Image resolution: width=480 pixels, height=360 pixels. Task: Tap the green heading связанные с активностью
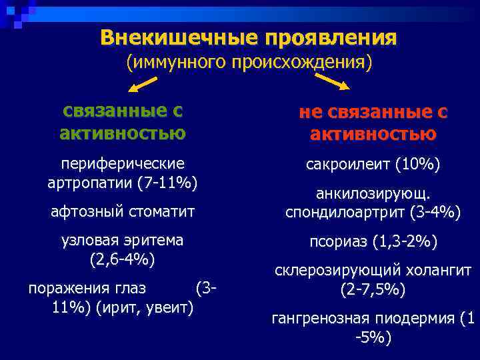pyautogui.click(x=123, y=122)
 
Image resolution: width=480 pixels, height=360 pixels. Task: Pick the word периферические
pyautogui.click(x=123, y=163)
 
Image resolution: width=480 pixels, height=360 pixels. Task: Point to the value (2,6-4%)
pyautogui.click(x=123, y=258)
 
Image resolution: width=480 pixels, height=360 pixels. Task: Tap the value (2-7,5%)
pyautogui.click(x=373, y=290)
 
